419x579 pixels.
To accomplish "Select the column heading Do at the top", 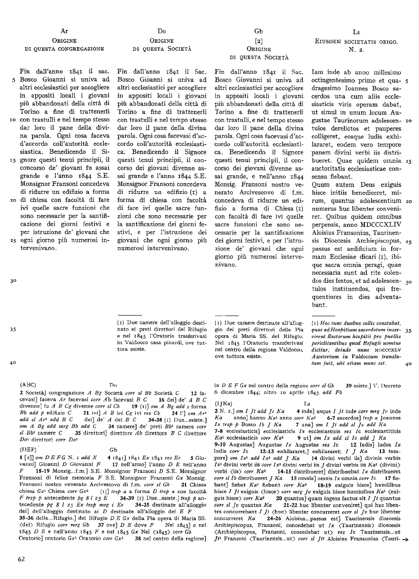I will coord(162,31).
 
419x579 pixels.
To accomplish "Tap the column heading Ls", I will coord(356,32).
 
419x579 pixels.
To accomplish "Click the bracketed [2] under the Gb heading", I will coord(258,40).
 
